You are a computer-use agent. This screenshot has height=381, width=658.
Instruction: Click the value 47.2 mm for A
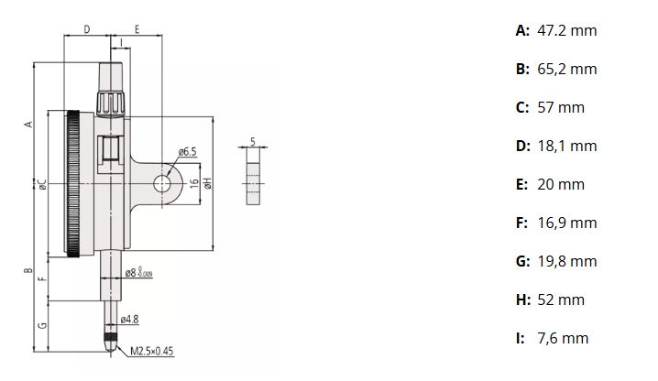click(x=567, y=30)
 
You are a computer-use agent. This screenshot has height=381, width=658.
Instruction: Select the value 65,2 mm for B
click(x=567, y=70)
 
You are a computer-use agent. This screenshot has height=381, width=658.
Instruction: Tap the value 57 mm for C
click(x=561, y=108)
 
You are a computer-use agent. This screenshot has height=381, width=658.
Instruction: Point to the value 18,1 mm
click(x=567, y=146)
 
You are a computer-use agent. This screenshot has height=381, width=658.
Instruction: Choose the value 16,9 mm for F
click(x=567, y=223)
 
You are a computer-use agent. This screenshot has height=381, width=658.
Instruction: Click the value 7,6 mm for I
click(x=563, y=339)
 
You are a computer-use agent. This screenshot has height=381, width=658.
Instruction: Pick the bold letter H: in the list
click(x=523, y=300)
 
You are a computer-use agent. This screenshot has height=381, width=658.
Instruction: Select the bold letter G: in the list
click(x=523, y=261)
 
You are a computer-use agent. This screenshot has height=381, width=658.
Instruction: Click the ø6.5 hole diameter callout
click(x=187, y=151)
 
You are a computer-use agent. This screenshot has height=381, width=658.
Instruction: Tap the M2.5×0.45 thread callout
click(x=151, y=351)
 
